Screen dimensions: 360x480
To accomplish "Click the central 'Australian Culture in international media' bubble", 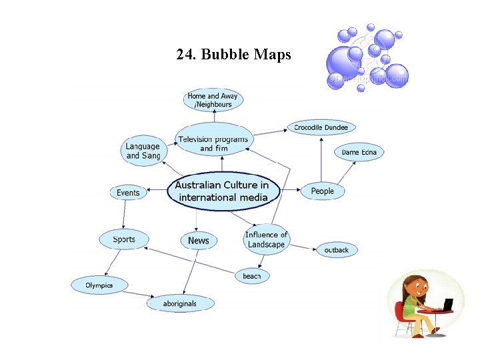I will point(223,191).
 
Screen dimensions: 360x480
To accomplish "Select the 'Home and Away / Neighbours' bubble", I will point(213,100).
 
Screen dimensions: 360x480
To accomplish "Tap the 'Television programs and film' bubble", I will point(214,143).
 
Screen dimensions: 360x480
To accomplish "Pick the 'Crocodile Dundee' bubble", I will point(321,127).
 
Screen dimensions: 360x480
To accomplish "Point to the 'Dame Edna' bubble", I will point(359,153).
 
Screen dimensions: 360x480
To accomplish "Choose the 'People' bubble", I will point(322,191).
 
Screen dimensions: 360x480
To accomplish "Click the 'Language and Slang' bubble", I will point(143,151).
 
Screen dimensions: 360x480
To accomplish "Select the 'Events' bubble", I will point(128,193).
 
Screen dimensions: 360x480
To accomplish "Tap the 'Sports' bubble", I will point(124,239).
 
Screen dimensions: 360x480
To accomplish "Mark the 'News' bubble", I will point(198,241).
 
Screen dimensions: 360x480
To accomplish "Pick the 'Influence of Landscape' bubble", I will point(266,239).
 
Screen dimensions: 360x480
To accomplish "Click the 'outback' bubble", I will point(337,250).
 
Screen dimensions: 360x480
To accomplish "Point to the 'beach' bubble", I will point(252,276).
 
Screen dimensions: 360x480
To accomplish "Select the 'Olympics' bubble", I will point(99,285).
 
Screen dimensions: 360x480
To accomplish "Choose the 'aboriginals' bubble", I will point(180,303).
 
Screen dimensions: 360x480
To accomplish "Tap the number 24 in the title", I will point(185,55).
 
